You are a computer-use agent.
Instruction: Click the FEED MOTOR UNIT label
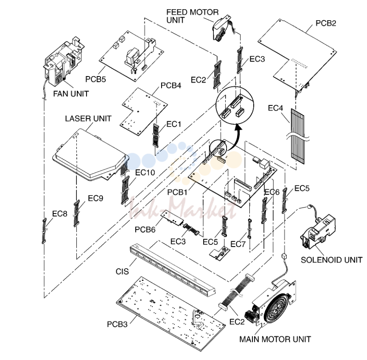pos(192,16)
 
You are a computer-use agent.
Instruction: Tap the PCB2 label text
pos(326,23)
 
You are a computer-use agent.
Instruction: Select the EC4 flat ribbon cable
pos(298,136)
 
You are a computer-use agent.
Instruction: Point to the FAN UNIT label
pos(71,94)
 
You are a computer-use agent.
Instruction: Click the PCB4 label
pos(171,86)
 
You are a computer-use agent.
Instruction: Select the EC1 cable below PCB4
pos(156,135)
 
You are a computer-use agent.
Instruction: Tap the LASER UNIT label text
pos(88,119)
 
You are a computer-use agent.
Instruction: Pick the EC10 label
pos(145,172)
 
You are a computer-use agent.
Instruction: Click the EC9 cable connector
pos(76,213)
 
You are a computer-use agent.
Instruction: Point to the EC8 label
pos(59,214)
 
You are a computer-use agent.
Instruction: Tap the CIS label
pos(122,271)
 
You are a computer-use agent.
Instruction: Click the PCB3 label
pos(117,324)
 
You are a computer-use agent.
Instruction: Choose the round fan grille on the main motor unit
pos(277,307)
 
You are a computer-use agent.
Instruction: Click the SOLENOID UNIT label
pos(331,260)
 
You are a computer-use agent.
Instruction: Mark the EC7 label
pos(238,244)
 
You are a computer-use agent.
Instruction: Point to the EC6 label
pos(272,192)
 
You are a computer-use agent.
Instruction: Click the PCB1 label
pos(177,193)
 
